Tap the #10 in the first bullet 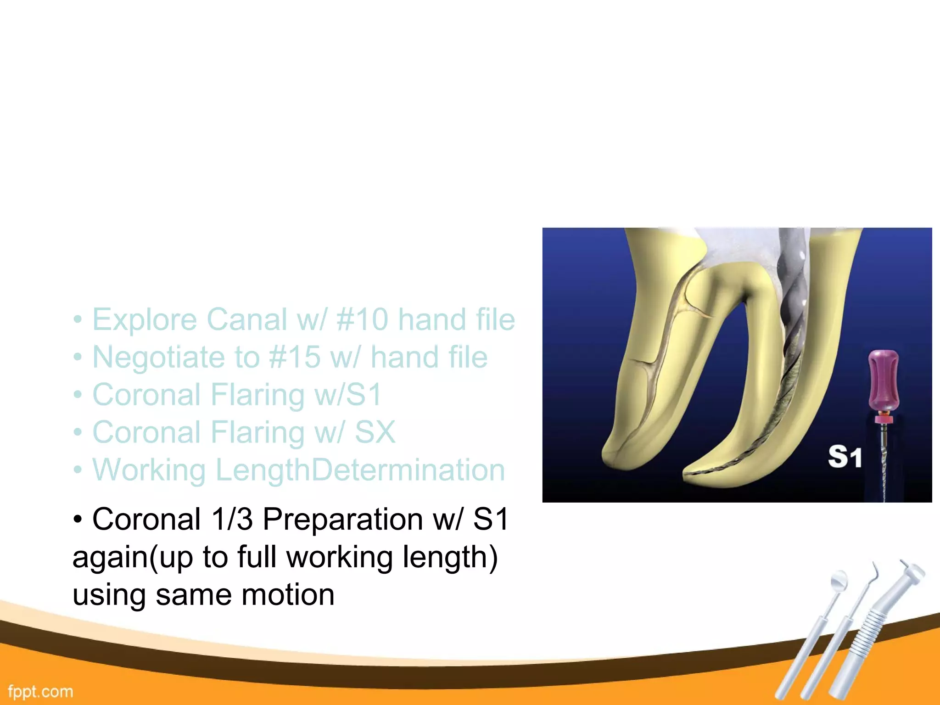tap(362, 320)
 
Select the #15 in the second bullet tap(295, 358)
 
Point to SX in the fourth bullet tap(375, 433)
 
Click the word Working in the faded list tap(149, 470)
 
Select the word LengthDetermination tap(360, 470)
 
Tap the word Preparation tap(342, 520)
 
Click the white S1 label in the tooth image tap(845, 457)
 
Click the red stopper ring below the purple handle tap(884, 419)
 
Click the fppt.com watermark tap(40, 691)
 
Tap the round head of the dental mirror tap(839, 580)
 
